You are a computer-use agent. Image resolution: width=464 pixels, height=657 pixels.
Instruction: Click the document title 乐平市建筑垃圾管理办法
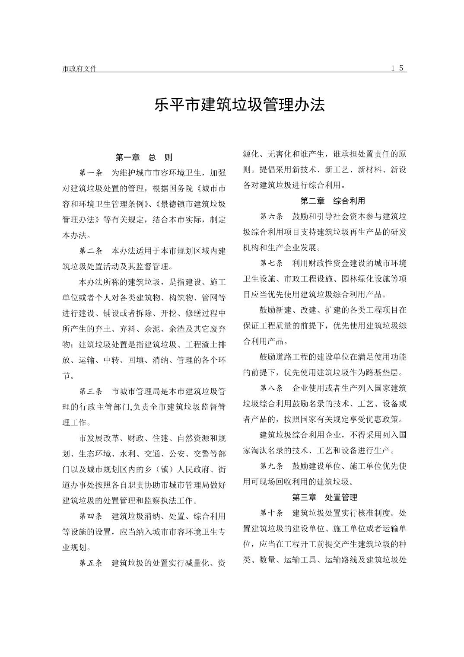click(239, 105)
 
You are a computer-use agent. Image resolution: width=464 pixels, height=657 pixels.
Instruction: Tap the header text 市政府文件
click(79, 69)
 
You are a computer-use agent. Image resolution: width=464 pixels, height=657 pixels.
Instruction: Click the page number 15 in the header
click(398, 68)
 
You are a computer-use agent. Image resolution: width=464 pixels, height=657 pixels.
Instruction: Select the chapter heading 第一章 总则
click(144, 157)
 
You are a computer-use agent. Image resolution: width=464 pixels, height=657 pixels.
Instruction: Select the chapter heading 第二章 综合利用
click(333, 201)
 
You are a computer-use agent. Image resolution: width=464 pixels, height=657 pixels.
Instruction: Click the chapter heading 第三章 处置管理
click(324, 497)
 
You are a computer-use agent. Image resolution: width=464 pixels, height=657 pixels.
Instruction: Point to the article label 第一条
click(90, 173)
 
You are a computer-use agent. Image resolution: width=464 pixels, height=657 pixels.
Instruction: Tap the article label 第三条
click(90, 391)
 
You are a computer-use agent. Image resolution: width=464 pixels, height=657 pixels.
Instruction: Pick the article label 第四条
click(90, 516)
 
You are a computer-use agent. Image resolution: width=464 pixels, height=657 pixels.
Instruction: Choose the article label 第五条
click(90, 563)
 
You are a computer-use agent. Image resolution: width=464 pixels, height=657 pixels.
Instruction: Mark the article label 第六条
click(271, 216)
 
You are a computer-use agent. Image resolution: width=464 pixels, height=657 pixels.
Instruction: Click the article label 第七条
click(271, 263)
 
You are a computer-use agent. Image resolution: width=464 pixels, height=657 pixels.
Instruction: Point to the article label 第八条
click(271, 388)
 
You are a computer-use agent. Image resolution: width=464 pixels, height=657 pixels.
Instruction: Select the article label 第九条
click(271, 466)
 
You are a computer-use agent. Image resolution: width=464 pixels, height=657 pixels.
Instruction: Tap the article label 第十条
click(271, 513)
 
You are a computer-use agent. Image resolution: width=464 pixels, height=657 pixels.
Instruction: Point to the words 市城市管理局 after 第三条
click(136, 391)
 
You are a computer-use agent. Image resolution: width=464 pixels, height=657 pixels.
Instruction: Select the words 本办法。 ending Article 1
click(76, 236)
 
